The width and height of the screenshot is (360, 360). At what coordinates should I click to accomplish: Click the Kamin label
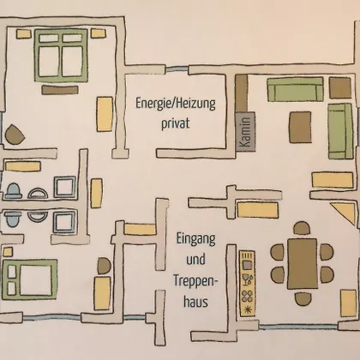click(x=246, y=132)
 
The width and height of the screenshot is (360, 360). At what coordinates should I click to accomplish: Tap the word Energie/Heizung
click(x=176, y=104)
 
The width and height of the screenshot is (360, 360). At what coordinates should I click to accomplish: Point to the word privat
click(x=176, y=124)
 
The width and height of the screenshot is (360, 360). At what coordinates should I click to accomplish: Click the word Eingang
click(x=195, y=239)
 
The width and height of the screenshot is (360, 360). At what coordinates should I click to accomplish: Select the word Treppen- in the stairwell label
click(x=195, y=281)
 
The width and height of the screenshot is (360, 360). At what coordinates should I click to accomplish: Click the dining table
click(x=303, y=264)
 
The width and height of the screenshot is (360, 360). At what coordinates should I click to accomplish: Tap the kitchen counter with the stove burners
click(x=247, y=284)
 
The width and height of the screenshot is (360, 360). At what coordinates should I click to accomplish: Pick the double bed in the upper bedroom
click(x=61, y=56)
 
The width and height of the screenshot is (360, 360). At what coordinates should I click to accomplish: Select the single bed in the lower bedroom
click(x=30, y=279)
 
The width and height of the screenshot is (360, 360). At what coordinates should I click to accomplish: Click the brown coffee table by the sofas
click(x=300, y=127)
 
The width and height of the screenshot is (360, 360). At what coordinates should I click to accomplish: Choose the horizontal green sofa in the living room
click(x=296, y=89)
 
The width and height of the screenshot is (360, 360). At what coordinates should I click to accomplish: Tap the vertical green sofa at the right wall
click(x=340, y=131)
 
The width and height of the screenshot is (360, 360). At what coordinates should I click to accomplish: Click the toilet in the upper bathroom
click(x=14, y=191)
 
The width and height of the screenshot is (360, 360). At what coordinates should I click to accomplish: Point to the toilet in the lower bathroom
click(x=14, y=219)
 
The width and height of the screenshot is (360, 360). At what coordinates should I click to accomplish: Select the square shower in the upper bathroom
click(x=65, y=187)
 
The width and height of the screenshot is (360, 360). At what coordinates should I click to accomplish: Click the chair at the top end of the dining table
click(x=302, y=228)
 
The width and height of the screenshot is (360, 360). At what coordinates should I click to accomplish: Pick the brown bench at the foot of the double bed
click(x=60, y=90)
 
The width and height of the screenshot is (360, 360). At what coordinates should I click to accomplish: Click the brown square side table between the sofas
click(x=340, y=87)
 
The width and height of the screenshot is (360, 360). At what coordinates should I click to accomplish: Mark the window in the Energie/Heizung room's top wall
click(x=177, y=69)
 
